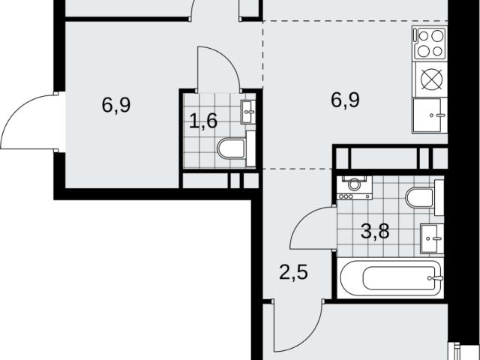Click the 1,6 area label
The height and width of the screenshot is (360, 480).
(203, 121)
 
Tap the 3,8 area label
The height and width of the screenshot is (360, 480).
(375, 231)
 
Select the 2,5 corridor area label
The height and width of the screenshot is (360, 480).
(293, 272)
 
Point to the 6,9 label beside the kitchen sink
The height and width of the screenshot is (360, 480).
(345, 100)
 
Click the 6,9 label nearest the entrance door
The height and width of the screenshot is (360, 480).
(116, 105)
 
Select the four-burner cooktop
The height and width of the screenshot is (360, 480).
(430, 43)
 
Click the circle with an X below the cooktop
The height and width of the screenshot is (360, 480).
(432, 79)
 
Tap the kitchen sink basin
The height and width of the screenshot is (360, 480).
(427, 115)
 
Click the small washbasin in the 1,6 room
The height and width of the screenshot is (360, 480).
(248, 112)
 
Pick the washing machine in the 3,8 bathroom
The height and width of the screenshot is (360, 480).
(354, 187)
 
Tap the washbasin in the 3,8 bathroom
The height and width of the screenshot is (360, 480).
(432, 238)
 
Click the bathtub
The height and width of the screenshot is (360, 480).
(390, 277)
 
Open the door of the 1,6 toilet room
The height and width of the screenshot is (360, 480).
(218, 69)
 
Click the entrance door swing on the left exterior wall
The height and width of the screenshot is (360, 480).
(30, 122)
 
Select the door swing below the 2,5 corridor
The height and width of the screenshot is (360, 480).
(298, 327)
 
